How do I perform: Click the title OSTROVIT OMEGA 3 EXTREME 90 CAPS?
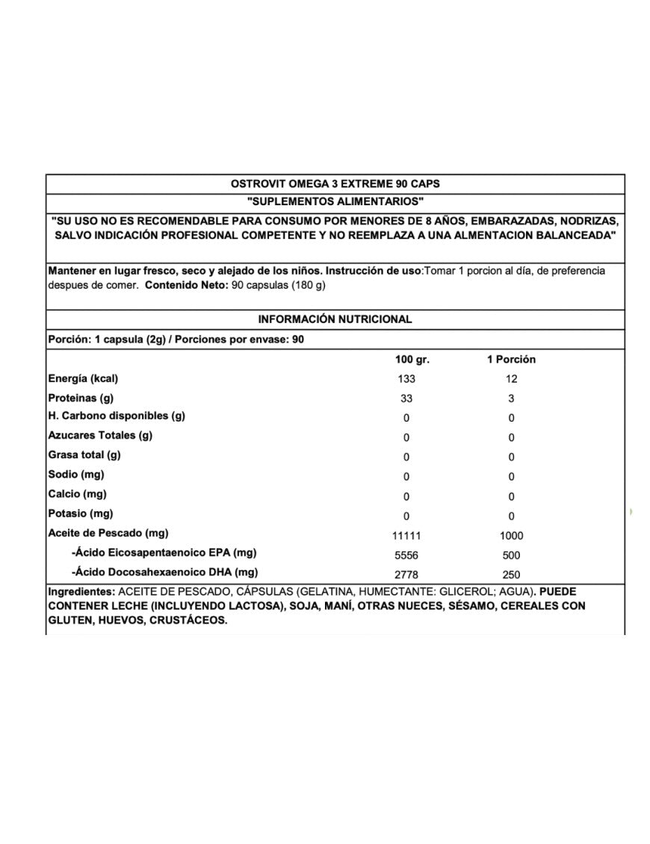335,184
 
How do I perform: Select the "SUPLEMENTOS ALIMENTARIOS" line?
335,202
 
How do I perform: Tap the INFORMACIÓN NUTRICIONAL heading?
335,319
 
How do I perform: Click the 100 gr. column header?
412,360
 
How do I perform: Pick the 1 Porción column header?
511,360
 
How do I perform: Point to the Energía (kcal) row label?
83,378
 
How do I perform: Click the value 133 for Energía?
406,379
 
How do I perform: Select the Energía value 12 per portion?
511,379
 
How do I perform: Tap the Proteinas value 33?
406,398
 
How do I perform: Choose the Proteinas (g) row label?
81,398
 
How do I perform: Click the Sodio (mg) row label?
75,475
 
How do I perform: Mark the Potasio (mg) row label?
80,513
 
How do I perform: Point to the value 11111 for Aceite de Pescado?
406,536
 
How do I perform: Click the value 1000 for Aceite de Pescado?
511,536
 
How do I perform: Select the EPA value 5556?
406,555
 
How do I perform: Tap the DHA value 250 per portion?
511,575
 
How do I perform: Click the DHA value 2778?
406,575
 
